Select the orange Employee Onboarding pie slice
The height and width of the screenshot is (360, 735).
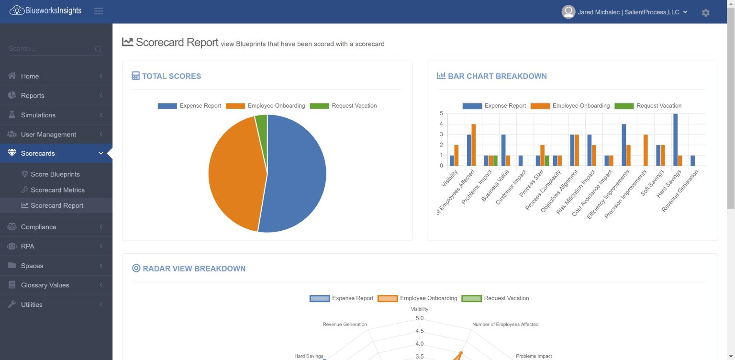tap(234, 172)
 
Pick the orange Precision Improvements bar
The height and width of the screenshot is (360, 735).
tap(646, 150)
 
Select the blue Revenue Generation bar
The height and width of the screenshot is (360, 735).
tap(692, 160)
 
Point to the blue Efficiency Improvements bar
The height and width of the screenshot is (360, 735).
tap(624, 145)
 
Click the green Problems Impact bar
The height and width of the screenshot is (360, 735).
tap(495, 160)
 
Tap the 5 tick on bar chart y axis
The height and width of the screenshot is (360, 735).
tap(441, 113)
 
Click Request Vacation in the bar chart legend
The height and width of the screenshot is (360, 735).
tap(658, 106)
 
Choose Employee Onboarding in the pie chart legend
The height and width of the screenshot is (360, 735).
tap(276, 106)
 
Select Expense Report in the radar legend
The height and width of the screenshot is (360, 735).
tap(352, 298)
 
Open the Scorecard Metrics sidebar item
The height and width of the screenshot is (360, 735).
tap(57, 190)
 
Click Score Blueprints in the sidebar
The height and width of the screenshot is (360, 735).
tap(55, 174)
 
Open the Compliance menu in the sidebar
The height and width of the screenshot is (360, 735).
tap(38, 227)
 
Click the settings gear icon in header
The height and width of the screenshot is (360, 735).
tap(705, 12)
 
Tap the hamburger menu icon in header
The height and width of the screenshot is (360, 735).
tap(99, 11)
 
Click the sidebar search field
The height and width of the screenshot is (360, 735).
tap(50, 49)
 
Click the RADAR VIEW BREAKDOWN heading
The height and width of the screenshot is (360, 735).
tap(194, 269)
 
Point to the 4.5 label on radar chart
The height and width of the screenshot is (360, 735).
tap(420, 331)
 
